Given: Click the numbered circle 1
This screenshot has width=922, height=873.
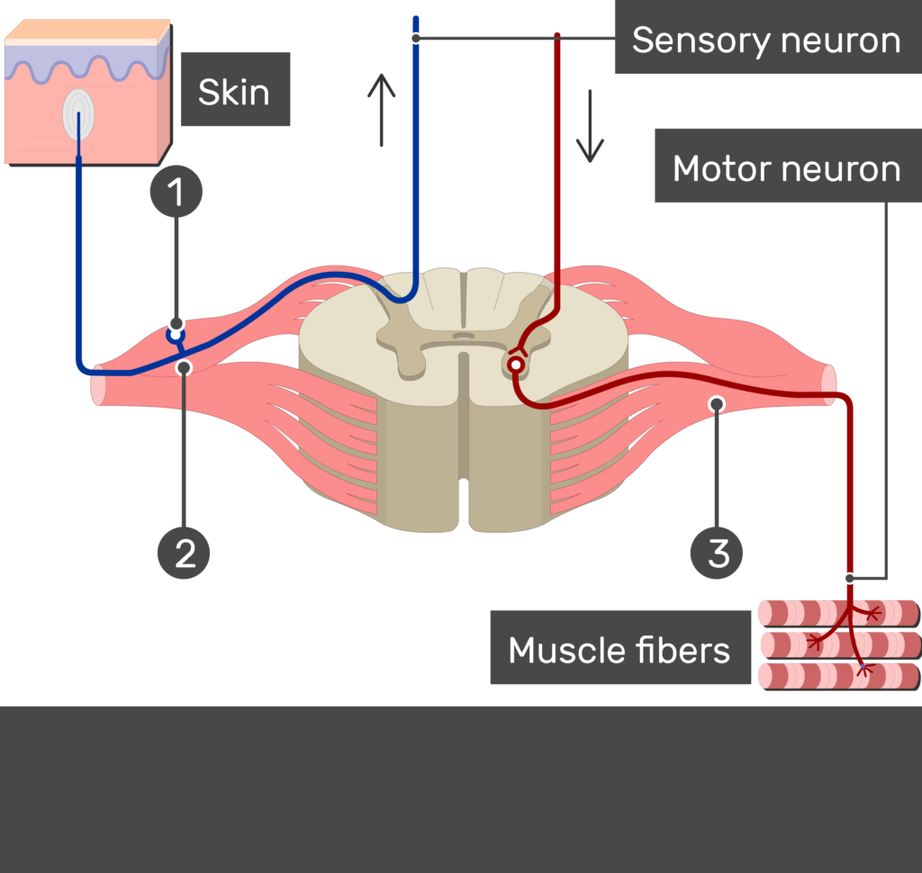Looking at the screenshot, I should point(176,192).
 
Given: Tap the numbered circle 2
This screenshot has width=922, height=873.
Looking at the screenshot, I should point(184,552).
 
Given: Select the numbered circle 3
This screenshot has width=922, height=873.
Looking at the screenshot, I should point(718,552).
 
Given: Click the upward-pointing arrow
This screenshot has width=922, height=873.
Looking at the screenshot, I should point(382,111).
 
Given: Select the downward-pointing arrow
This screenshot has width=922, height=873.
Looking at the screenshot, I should point(590,125).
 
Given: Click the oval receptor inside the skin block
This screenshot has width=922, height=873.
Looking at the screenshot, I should point(78,115).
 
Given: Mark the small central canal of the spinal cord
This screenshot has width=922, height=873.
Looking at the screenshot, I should point(463,336).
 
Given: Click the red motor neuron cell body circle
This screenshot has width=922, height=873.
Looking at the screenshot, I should point(515,364).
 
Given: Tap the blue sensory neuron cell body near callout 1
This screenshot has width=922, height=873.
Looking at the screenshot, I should point(176,336).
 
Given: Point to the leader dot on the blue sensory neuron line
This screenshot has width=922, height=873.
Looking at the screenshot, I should point(415,38).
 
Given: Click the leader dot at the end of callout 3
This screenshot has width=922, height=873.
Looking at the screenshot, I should point(717,404).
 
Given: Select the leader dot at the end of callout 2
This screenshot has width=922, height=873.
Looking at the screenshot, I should point(184,367).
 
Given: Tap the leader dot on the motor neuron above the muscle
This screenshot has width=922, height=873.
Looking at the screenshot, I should point(849,578).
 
